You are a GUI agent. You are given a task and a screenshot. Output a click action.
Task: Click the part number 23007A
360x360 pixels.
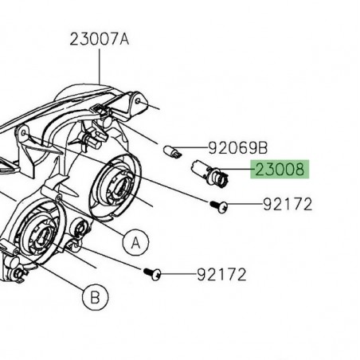pos(99,37)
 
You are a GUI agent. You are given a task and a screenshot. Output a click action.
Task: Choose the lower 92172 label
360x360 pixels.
pos(222,275)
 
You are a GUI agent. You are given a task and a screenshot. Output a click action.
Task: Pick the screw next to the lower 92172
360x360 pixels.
pos(153,275)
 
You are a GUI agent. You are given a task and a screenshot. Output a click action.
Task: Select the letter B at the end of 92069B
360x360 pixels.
pos(264,148)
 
